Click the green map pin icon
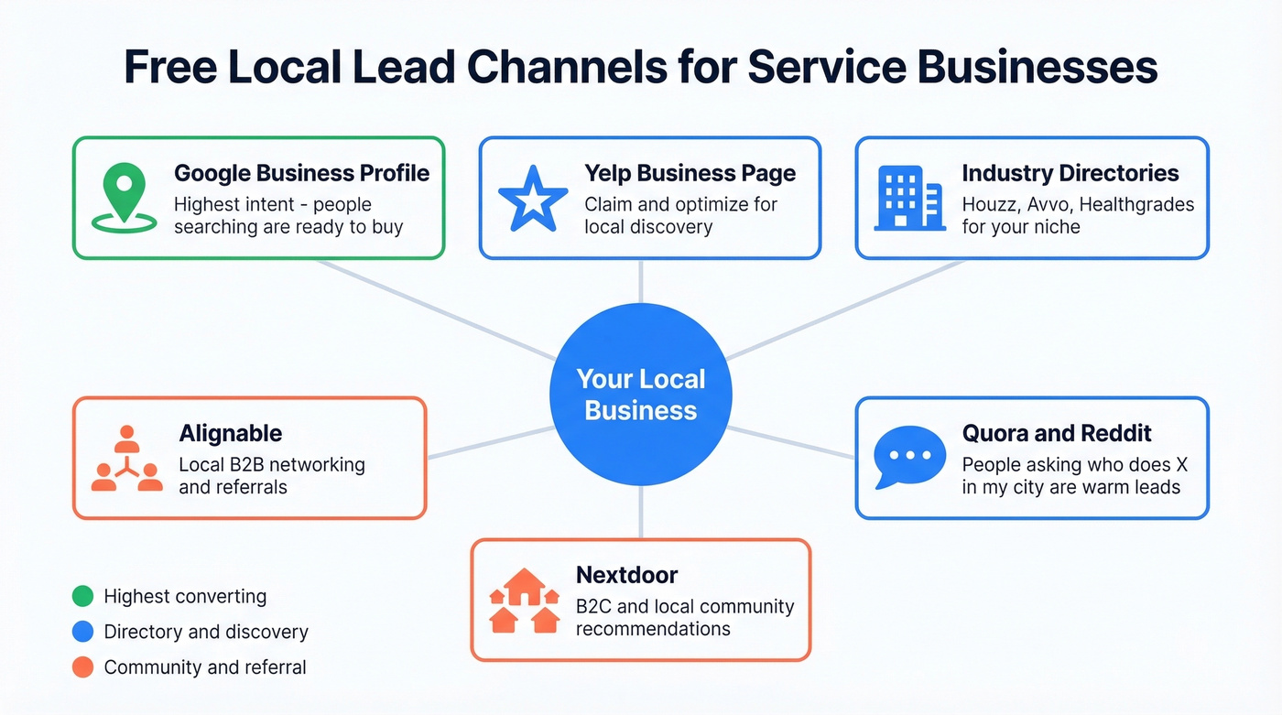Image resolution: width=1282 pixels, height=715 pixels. pyautogui.click(x=124, y=194)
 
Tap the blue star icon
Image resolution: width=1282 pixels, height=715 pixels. pyautogui.click(x=527, y=197)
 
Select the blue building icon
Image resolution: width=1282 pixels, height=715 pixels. pyautogui.click(x=907, y=197)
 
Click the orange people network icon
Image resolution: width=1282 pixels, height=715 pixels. pyautogui.click(x=126, y=458)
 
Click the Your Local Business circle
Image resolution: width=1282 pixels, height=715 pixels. pyautogui.click(x=641, y=395)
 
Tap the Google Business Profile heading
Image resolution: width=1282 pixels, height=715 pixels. pyautogui.click(x=301, y=173)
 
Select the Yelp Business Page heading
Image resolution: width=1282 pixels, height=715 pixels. pyautogui.click(x=690, y=173)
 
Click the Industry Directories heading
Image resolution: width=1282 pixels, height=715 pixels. pyautogui.click(x=1070, y=173)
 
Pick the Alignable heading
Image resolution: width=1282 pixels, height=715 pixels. pyautogui.click(x=230, y=433)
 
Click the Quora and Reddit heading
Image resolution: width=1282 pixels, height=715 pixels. pyautogui.click(x=1056, y=433)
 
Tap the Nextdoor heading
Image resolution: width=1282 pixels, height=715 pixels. pyautogui.click(x=626, y=575)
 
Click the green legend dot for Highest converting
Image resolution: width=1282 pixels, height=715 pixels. pyautogui.click(x=82, y=597)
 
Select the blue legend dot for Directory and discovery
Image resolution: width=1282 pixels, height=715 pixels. pyautogui.click(x=82, y=632)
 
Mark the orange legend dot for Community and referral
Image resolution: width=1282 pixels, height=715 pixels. pyautogui.click(x=82, y=667)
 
